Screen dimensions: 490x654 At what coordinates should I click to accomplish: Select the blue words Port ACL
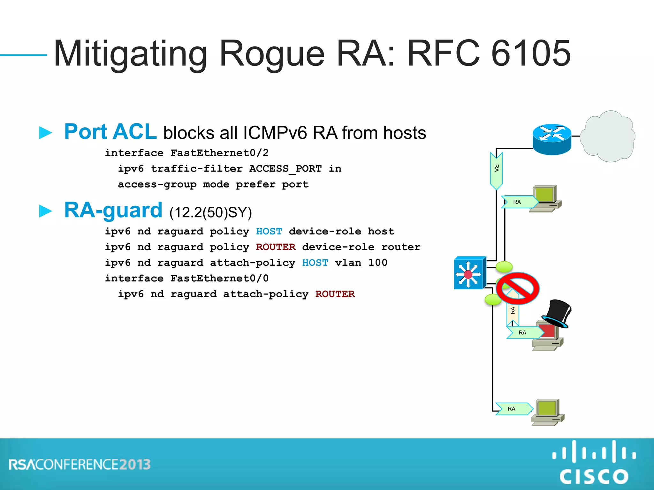pyautogui.click(x=110, y=132)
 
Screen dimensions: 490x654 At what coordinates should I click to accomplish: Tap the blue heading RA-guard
pyautogui.click(x=113, y=210)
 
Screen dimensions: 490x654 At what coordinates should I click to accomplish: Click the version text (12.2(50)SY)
pyautogui.click(x=210, y=212)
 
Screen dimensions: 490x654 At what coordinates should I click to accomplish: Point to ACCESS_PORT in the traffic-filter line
pyautogui.click(x=285, y=168)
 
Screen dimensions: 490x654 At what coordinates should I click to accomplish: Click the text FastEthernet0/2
pyautogui.click(x=219, y=153)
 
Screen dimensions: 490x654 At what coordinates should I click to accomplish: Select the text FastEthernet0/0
pyautogui.click(x=219, y=278)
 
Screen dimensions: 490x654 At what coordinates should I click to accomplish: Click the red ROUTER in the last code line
pyautogui.click(x=335, y=294)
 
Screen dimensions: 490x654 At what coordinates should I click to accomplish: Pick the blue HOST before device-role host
pyautogui.click(x=269, y=231)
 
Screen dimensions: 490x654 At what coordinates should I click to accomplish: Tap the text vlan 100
pyautogui.click(x=361, y=263)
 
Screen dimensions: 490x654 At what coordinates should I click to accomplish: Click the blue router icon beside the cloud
pyautogui.click(x=552, y=139)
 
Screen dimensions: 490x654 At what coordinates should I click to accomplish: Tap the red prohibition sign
pyautogui.click(x=518, y=288)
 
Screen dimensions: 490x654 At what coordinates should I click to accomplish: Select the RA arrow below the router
pyautogui.click(x=496, y=170)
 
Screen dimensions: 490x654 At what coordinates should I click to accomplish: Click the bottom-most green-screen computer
pyautogui.click(x=547, y=412)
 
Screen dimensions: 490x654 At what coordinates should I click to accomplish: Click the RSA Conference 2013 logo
pyautogui.click(x=80, y=464)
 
